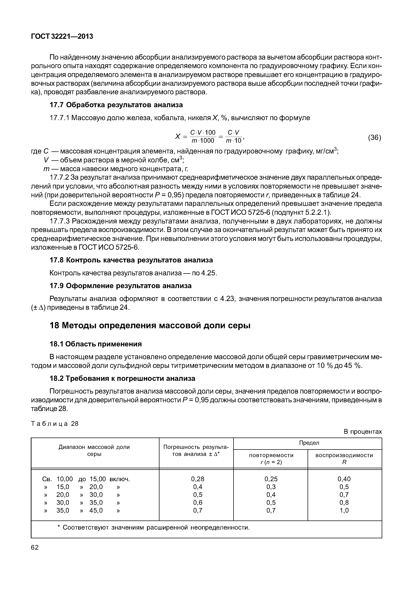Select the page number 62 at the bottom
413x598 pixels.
[x=35, y=547]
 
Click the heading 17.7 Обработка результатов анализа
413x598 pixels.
[x=116, y=105]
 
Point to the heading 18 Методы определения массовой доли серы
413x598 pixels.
[x=150, y=325]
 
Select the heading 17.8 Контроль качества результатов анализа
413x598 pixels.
[x=131, y=260]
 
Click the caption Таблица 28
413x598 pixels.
[x=55, y=424]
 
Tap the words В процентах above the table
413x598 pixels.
[x=362, y=432]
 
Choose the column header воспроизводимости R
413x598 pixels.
[x=344, y=459]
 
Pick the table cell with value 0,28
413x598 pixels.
[x=197, y=479]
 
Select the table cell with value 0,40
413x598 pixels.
[x=344, y=479]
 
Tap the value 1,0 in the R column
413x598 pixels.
[x=344, y=510]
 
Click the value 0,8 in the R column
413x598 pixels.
[x=344, y=502]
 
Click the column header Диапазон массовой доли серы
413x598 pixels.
[x=94, y=450]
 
